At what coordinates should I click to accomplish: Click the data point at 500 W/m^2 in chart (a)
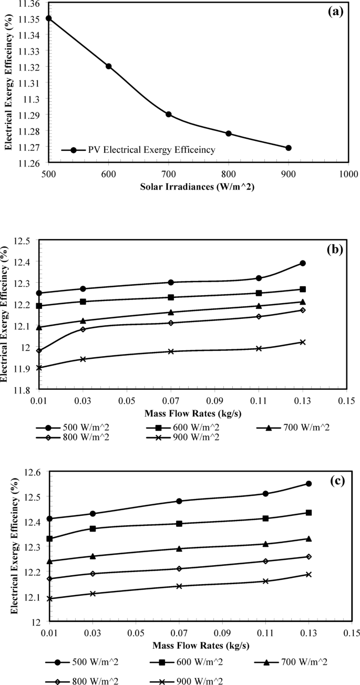tap(49, 18)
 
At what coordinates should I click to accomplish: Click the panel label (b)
tap(334, 248)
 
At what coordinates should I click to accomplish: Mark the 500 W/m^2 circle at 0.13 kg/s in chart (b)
tap(303, 263)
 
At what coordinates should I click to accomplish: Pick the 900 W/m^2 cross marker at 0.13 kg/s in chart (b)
tap(303, 342)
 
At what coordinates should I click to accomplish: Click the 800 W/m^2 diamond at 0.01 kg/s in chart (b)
tap(39, 350)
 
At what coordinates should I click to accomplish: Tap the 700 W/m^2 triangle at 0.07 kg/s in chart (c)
tap(179, 548)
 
